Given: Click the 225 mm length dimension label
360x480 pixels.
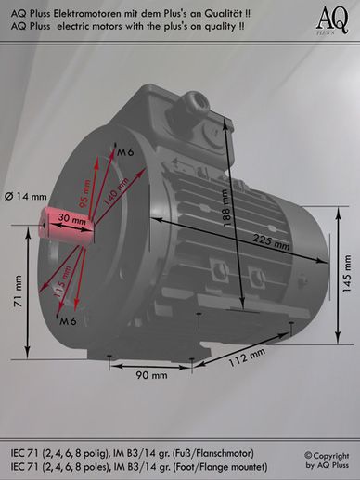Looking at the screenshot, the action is [272, 242].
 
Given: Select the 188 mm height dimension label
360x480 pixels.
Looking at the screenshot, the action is [226, 208].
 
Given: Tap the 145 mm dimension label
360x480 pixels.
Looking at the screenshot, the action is [347, 274].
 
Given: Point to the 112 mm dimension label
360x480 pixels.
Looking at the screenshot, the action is [247, 357].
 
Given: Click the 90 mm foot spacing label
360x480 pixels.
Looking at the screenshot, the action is [151, 375].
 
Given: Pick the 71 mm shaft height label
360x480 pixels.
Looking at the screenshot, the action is [18, 292].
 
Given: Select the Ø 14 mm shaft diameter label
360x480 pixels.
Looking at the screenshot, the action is [26, 197].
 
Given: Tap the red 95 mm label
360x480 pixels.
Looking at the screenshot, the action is [84, 194].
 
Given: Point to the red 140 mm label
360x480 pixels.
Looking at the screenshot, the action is [115, 192].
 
